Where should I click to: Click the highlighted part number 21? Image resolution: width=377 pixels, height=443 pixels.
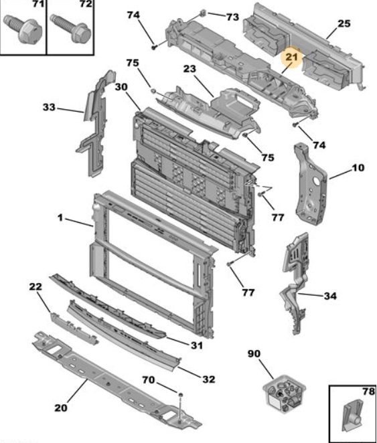(292, 57)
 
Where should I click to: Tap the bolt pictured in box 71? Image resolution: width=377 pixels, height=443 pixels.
(23, 29)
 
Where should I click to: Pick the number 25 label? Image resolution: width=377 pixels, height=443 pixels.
(344, 23)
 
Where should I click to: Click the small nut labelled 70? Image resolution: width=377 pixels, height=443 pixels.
(180, 394)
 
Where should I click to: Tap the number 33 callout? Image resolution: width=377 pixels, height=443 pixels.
(49, 107)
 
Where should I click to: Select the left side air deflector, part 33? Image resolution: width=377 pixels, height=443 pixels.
(94, 124)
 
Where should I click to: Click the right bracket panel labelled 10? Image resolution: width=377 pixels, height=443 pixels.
(311, 183)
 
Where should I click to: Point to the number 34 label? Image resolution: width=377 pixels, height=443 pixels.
(330, 296)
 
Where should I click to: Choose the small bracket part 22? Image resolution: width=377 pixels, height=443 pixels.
(74, 329)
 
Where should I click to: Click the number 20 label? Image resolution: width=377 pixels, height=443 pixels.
(61, 408)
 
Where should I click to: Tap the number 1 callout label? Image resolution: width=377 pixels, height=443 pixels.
(60, 218)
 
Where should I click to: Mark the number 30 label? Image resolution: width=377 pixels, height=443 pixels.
(121, 87)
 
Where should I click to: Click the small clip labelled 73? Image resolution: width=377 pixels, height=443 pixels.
(203, 13)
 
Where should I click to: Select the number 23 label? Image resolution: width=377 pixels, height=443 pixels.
(190, 69)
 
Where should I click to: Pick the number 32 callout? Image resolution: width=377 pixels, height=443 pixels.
(208, 379)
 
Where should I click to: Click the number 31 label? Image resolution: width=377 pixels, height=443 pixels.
(197, 345)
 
